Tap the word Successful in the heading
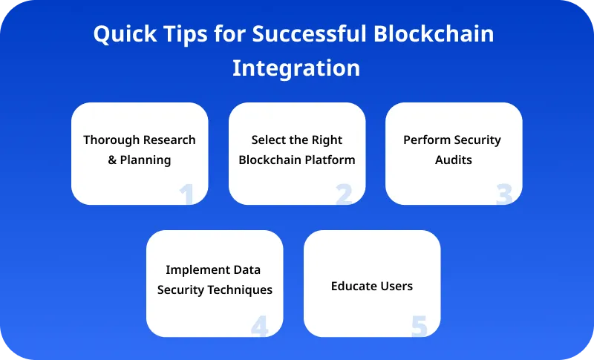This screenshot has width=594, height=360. [314, 35]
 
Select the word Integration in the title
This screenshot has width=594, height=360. [296, 68]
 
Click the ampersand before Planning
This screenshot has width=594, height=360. [113, 160]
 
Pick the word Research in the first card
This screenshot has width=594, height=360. [170, 140]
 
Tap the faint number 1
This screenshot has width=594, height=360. [186, 194]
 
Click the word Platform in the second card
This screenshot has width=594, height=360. [327, 160]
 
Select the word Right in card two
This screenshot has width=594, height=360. [327, 140]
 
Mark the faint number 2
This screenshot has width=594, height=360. [343, 194]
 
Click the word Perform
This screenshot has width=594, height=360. [426, 140]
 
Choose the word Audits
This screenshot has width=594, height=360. [454, 160]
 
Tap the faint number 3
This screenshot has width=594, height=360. [504, 194]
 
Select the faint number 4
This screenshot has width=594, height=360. [259, 326]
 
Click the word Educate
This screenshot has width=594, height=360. [353, 286]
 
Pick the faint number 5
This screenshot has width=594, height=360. [419, 326]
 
